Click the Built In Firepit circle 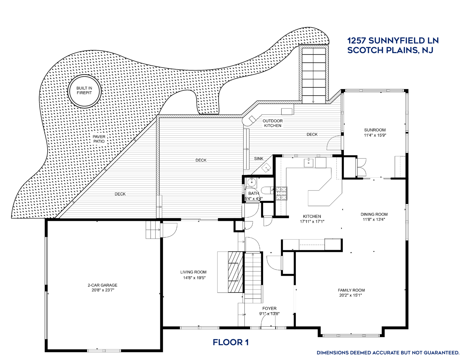point(84,91)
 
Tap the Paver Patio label point(99,139)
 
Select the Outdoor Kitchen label point(273,123)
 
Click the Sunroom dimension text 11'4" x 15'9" point(375,135)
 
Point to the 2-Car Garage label point(103,285)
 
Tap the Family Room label point(351,290)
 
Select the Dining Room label point(374,214)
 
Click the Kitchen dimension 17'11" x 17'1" point(312,221)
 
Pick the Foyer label point(269,308)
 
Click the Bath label point(254,193)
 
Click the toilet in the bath point(267,190)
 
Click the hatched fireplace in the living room point(235,272)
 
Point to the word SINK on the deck point(259,159)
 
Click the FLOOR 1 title point(231,342)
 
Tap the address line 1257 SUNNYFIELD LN point(393,41)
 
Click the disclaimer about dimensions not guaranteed point(388,353)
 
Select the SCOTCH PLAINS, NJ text point(390,50)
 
